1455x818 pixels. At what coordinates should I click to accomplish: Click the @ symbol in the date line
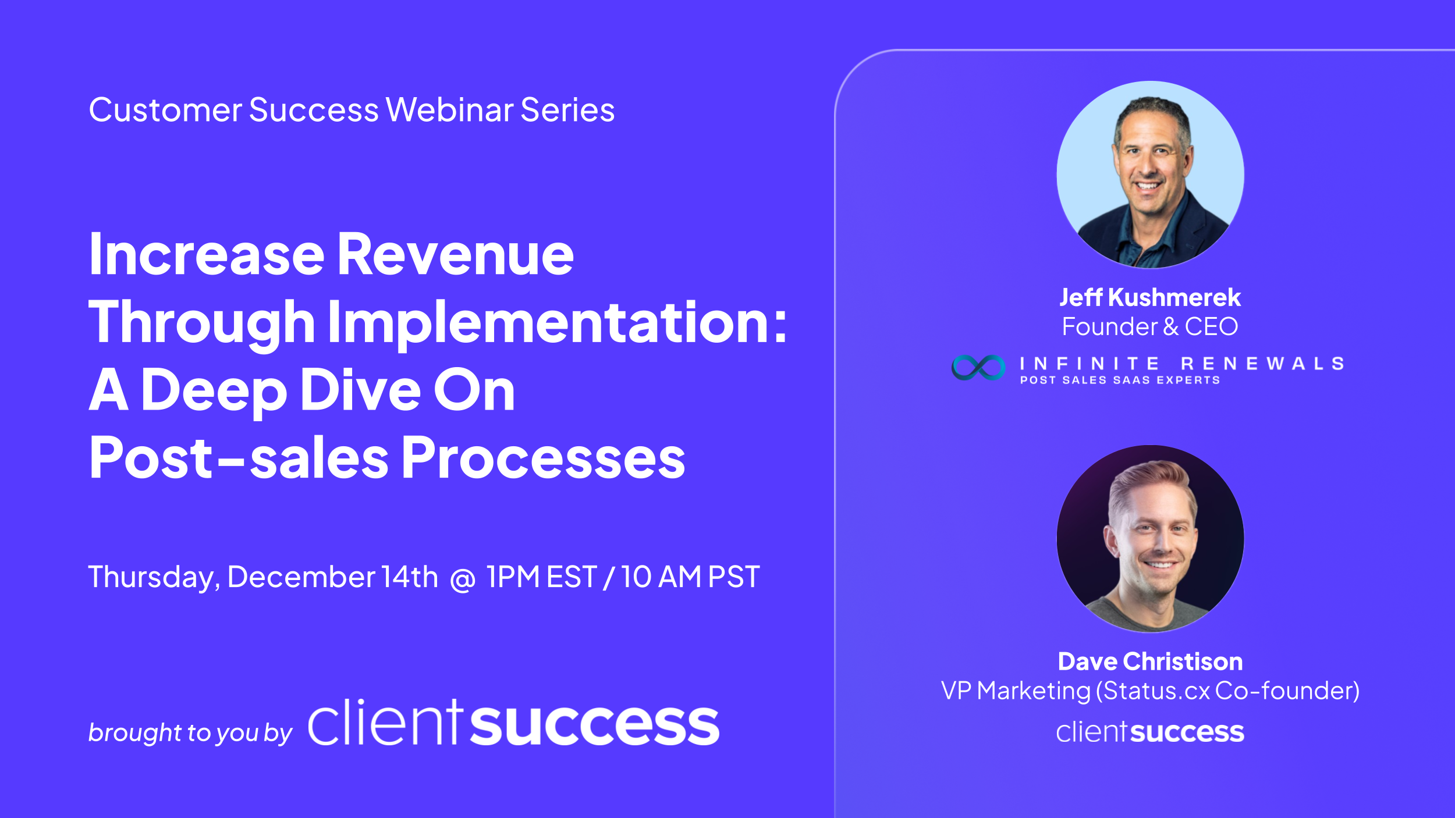pos(463,579)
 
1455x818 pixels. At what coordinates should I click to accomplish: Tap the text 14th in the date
pos(410,577)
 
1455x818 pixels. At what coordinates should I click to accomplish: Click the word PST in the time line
pos(734,577)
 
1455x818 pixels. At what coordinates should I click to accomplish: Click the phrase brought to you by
pos(190,732)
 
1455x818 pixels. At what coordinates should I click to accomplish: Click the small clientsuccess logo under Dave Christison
pos(1150,732)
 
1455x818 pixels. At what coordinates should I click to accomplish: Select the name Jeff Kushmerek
pos(1150,297)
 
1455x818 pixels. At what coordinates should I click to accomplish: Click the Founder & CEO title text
pos(1150,326)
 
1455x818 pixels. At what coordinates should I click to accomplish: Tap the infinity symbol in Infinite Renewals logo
pos(978,368)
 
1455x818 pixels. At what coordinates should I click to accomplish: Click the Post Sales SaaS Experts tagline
pos(1120,380)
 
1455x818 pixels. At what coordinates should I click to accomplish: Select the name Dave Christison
pos(1150,661)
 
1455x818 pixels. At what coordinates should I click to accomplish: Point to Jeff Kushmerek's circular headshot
pos(1150,175)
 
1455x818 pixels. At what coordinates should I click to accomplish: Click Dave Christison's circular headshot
pos(1150,539)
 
